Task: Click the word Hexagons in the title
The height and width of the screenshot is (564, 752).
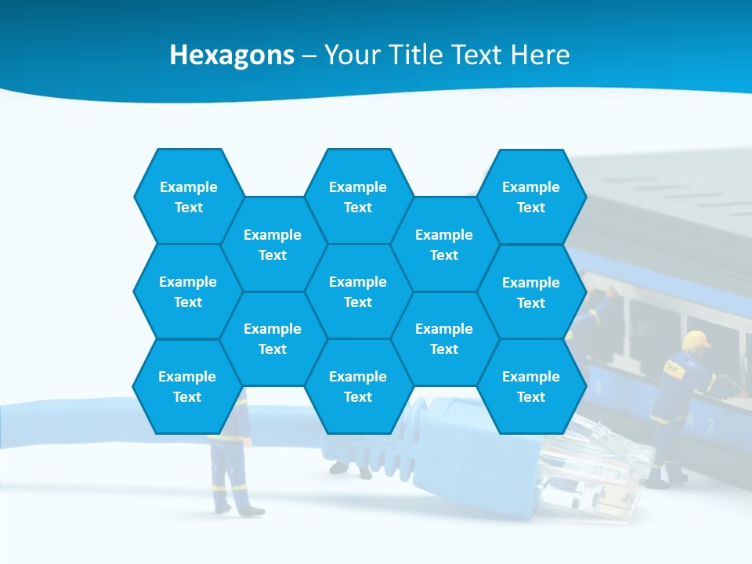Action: [x=232, y=55]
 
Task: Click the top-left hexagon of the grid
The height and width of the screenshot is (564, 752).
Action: [x=188, y=197]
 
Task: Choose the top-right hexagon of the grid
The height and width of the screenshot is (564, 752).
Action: [x=531, y=197]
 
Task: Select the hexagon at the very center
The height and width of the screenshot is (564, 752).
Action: [x=358, y=291]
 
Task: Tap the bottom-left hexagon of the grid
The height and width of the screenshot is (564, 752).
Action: [x=187, y=386]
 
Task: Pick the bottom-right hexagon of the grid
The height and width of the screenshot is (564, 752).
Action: [x=531, y=386]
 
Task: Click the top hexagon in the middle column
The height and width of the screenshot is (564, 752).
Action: [x=358, y=197]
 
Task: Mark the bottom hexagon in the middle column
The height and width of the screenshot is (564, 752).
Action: [x=358, y=386]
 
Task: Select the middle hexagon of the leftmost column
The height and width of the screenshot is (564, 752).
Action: [x=188, y=291]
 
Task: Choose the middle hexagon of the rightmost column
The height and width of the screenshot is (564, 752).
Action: [x=531, y=292]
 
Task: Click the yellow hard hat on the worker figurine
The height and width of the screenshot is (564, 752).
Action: [x=695, y=339]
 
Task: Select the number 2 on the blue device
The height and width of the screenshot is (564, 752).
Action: [x=710, y=425]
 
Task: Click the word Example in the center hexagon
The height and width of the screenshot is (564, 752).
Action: [x=358, y=282]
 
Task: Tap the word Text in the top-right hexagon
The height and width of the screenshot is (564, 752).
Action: [x=531, y=208]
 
